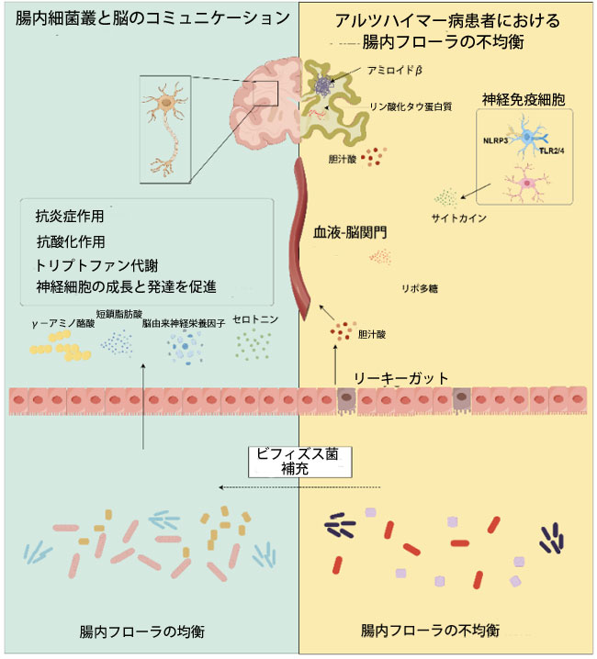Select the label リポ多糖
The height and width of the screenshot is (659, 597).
click(419, 288)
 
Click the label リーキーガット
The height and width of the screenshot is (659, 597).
click(403, 377)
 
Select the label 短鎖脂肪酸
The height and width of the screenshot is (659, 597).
click(123, 315)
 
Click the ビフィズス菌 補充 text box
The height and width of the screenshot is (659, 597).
click(299, 460)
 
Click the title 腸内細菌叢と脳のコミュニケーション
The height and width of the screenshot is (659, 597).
click(147, 18)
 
